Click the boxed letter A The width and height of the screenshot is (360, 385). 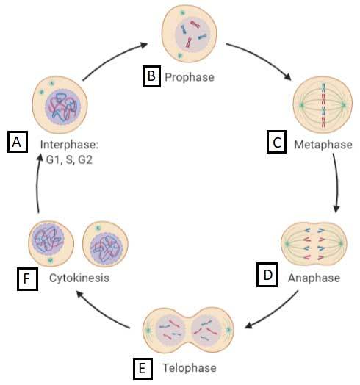(18, 142)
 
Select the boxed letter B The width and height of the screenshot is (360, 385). (151, 76)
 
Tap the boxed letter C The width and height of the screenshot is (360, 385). (276, 142)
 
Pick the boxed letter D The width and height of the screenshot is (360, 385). (267, 275)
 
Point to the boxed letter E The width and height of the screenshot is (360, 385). (143, 368)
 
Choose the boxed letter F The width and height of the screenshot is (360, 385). (27, 279)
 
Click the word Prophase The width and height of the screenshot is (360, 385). (190, 77)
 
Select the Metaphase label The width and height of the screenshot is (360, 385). (323, 145)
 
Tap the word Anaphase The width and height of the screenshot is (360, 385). (314, 278)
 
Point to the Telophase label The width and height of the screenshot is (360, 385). (190, 368)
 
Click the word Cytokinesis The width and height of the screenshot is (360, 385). (79, 278)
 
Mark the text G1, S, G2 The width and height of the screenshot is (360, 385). (69, 160)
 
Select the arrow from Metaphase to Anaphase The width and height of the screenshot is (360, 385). (337, 183)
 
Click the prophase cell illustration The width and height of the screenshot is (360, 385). (190, 34)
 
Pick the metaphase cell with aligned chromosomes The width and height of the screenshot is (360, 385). (323, 105)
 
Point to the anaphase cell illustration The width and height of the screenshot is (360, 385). (314, 244)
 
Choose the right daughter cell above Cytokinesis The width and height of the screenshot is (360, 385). (105, 244)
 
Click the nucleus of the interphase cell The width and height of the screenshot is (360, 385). (63, 107)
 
